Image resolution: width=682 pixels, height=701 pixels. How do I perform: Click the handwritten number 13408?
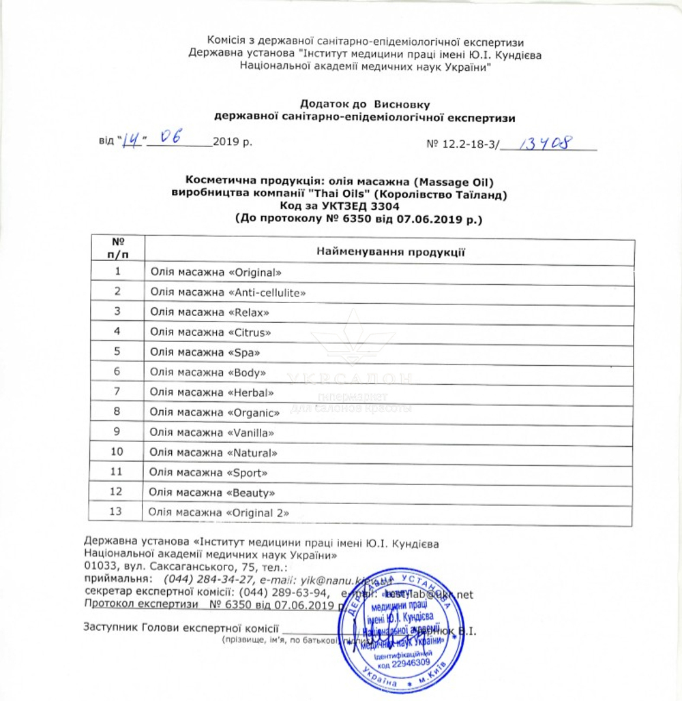tap(545, 143)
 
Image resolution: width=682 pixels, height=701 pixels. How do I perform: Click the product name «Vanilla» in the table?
tap(252, 433)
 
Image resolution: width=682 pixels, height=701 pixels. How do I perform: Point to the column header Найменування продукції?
tap(390, 253)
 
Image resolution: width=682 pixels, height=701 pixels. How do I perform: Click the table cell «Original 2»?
tap(258, 512)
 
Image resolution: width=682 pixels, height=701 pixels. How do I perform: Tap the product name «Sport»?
tap(248, 472)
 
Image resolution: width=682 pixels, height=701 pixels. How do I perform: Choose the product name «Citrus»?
tap(250, 332)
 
